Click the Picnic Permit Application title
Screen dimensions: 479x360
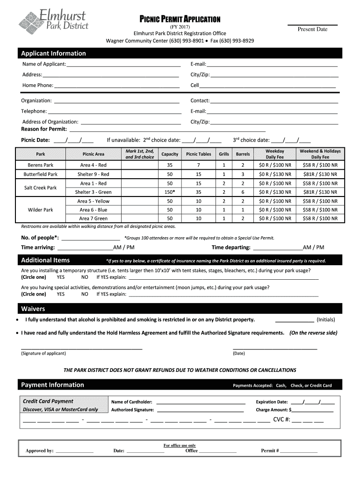click(x=180, y=19)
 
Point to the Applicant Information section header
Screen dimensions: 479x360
click(x=53, y=53)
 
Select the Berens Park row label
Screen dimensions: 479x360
click(x=41, y=165)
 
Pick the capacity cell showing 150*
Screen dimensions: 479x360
click(x=170, y=192)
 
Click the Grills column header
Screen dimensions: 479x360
click(x=224, y=154)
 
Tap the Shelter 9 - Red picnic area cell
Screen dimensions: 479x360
click(x=93, y=174)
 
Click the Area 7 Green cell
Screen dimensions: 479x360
click(x=93, y=218)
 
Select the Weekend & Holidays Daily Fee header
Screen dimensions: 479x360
click(x=320, y=154)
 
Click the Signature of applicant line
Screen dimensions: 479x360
click(x=81, y=348)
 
